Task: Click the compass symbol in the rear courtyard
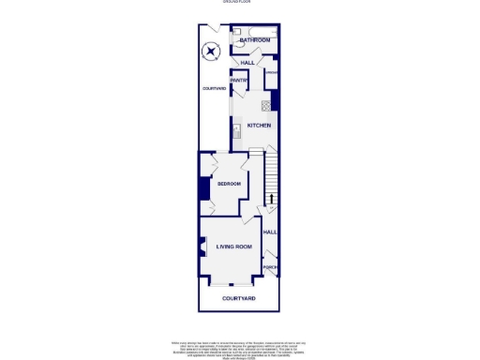212,52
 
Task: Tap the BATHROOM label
254,41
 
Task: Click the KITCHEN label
259,125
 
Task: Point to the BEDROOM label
229,184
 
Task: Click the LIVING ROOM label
234,247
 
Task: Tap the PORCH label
270,268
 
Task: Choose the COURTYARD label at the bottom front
239,298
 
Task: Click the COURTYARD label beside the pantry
214,88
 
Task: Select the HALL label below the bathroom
247,63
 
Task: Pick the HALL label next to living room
270,232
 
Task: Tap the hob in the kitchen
266,104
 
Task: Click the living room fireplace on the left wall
201,248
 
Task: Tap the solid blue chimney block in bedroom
202,187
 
